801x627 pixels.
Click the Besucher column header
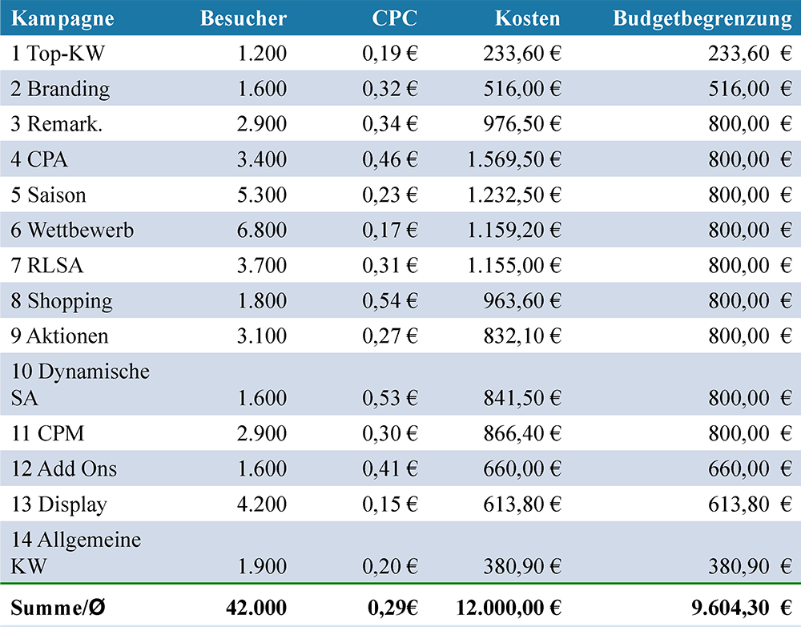click(244, 18)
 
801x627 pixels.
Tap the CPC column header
click(394, 18)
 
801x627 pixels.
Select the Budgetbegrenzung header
click(702, 19)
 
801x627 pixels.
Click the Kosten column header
click(527, 18)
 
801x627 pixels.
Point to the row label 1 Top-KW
click(58, 53)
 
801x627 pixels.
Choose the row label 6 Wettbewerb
click(72, 230)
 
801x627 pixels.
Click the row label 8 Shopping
click(62, 301)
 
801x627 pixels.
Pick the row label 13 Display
click(59, 504)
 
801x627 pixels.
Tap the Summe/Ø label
click(58, 608)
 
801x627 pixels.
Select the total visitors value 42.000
click(256, 608)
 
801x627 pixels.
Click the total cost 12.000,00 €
click(509, 608)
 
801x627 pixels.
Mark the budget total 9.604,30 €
click(742, 608)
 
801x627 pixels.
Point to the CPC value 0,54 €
click(390, 301)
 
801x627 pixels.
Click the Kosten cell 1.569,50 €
click(514, 159)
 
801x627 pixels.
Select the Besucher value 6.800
click(262, 230)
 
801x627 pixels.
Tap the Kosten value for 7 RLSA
click(514, 266)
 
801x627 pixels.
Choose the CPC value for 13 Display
click(390, 504)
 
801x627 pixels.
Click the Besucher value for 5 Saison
click(262, 195)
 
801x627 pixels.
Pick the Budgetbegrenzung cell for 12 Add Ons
click(750, 468)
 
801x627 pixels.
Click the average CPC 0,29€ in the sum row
click(392, 608)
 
